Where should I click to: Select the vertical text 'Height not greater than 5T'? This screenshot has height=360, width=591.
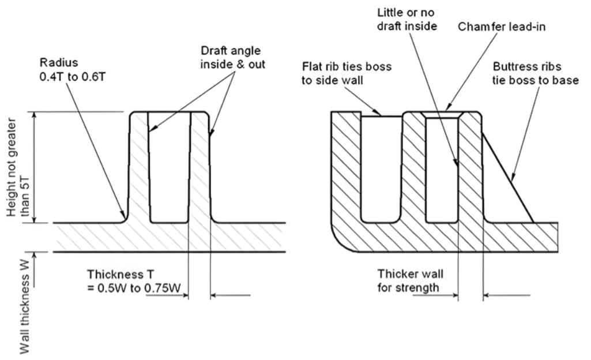pos(18,167)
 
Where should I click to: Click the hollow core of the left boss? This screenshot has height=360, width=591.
pos(169,167)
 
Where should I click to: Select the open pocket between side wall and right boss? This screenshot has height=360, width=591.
pos(381,167)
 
